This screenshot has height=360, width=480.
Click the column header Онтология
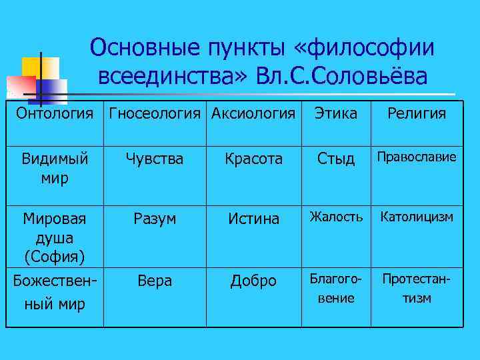55,114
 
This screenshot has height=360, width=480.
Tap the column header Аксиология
253,114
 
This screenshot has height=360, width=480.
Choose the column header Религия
416,114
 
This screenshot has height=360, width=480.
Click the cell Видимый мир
55,168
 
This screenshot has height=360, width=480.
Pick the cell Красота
253,159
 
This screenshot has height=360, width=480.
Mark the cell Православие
417,157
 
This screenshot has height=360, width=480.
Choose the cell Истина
253,219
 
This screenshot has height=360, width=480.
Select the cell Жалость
336,217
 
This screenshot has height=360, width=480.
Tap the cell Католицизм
417,217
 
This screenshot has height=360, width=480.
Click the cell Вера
155,281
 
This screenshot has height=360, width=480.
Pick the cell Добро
253,281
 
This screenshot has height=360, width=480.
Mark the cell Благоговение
336,288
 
